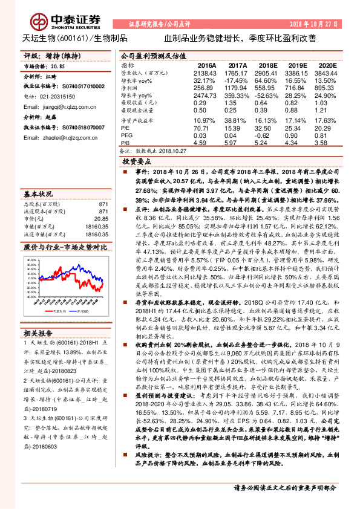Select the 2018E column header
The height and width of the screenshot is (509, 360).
(x=267, y=64)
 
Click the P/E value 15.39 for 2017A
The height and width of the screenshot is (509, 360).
(x=237, y=128)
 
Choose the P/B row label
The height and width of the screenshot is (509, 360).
(x=125, y=143)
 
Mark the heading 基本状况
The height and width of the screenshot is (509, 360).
(x=38, y=194)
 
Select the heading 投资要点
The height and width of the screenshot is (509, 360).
(x=136, y=163)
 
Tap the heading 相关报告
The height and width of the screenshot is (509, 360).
(x=38, y=333)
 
